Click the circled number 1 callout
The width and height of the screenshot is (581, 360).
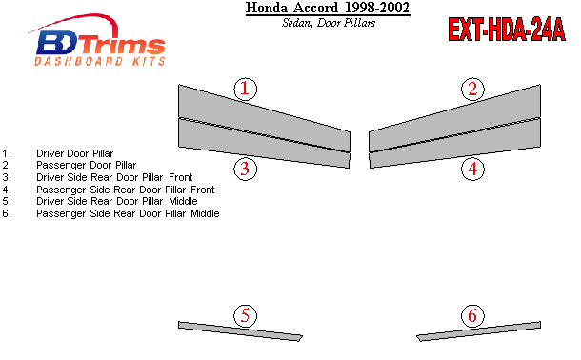pyautogui.click(x=246, y=89)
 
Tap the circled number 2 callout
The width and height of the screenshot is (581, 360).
pyautogui.click(x=472, y=89)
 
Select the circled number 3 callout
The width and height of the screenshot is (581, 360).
pyautogui.click(x=246, y=169)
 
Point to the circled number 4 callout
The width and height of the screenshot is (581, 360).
pyautogui.click(x=472, y=169)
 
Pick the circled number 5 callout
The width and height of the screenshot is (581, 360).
pyautogui.click(x=246, y=316)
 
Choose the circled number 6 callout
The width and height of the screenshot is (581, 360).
pyautogui.click(x=472, y=316)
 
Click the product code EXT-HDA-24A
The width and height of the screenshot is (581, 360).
pyautogui.click(x=507, y=30)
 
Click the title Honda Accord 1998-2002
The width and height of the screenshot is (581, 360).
pyautogui.click(x=328, y=8)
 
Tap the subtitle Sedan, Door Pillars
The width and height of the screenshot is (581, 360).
pyautogui.click(x=329, y=23)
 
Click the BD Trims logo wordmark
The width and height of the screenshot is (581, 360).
pyautogui.click(x=101, y=43)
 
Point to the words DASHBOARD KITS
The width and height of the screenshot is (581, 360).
pyautogui.click(x=100, y=62)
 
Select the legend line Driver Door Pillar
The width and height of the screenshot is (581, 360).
pyautogui.click(x=75, y=153)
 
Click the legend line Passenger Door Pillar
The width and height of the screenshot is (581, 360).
pyautogui.click(x=87, y=165)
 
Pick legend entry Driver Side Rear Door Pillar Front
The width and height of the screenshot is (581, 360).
pyautogui.click(x=114, y=177)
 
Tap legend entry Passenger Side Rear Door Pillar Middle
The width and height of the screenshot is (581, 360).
pyautogui.click(x=128, y=213)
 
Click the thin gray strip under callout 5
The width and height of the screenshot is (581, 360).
pyautogui.click(x=240, y=331)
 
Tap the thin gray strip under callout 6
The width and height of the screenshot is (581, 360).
pyautogui.click(x=479, y=331)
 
